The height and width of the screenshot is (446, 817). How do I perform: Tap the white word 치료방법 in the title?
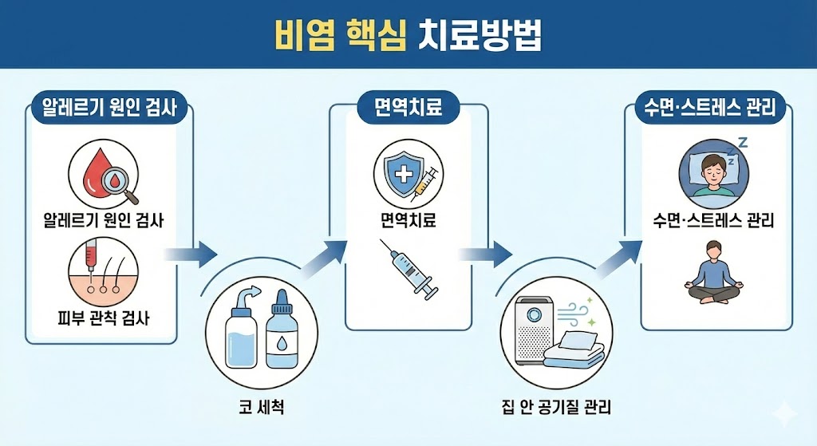tap(480, 35)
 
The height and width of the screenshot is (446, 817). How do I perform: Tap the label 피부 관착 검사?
tap(104, 318)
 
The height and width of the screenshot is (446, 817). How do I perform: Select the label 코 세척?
tap(262, 406)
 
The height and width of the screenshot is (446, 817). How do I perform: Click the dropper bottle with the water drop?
tap(282, 330)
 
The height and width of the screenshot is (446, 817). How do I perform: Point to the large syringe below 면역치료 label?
tap(410, 269)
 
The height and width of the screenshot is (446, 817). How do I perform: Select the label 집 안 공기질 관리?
tap(556, 406)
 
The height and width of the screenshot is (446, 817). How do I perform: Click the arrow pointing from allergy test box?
tap(191, 255)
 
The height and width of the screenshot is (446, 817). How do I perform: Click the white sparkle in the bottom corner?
tap(784, 413)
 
